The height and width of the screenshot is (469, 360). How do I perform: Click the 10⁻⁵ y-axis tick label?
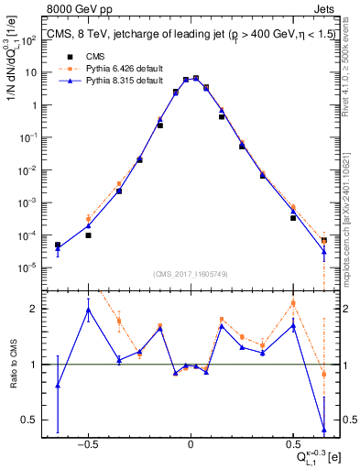click(x=30, y=268)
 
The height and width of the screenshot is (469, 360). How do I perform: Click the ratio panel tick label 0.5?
click(x=30, y=420)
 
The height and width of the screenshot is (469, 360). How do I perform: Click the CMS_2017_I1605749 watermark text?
click(x=191, y=274)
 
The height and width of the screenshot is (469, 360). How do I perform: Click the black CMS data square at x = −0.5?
click(x=88, y=235)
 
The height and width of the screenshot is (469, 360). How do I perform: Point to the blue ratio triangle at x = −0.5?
click(x=88, y=310)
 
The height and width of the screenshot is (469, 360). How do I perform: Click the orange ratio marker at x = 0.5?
click(x=293, y=303)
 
